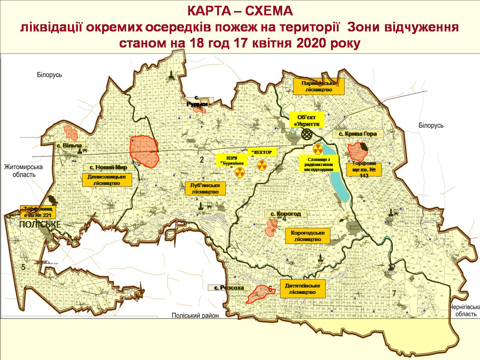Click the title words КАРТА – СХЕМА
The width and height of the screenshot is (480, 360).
(240, 11)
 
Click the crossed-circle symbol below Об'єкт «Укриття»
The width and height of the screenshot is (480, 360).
(307, 135)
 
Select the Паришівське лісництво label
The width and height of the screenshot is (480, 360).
(319, 86)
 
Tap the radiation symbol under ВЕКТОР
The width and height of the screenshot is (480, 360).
(261, 165)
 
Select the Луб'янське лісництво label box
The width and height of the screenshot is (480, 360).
(205, 188)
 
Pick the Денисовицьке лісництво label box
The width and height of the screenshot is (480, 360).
(106, 180)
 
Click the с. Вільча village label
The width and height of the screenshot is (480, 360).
(69, 145)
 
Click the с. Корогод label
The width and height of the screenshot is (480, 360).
(285, 214)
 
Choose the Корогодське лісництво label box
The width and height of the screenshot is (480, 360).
(307, 236)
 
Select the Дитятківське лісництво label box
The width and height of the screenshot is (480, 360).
(302, 289)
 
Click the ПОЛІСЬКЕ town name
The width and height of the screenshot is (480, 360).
(40, 225)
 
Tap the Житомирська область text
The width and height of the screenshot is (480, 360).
(23, 171)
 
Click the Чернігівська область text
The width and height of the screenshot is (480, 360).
(463, 310)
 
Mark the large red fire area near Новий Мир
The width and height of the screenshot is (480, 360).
(144, 151)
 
